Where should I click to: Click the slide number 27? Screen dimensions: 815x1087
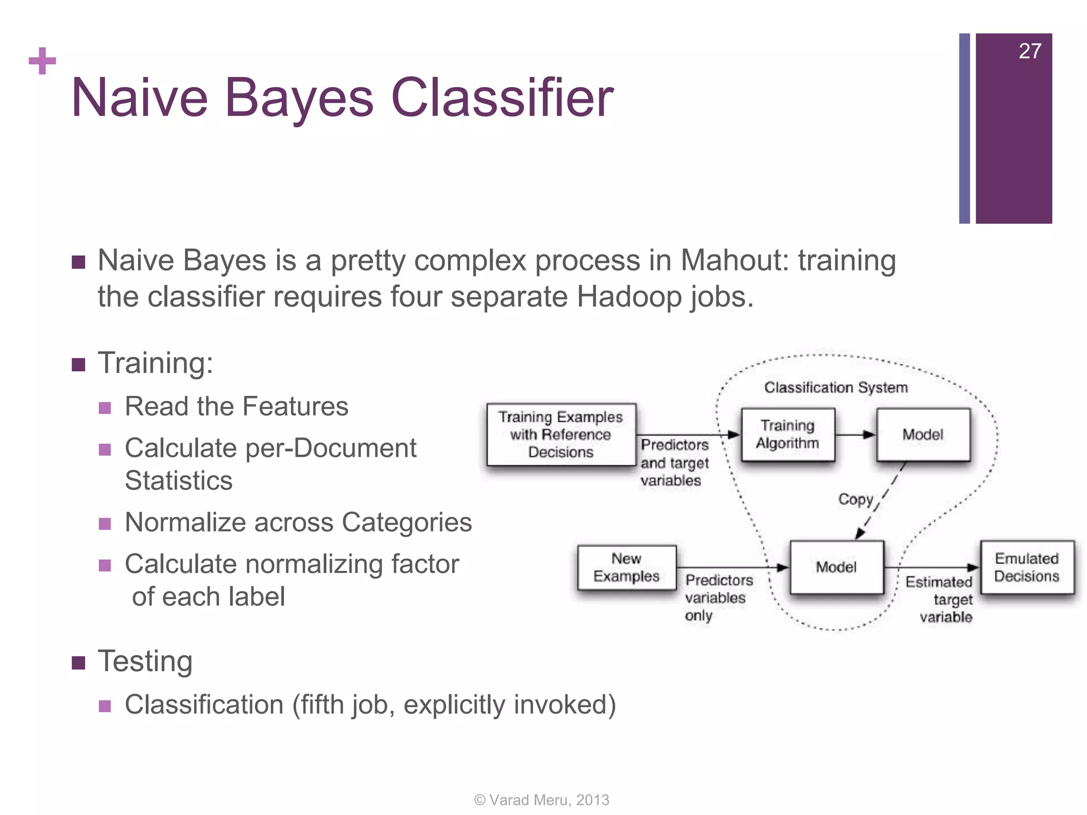coord(1030,51)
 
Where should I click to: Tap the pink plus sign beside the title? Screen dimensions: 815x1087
coord(42,61)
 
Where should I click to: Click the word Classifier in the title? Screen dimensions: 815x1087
coord(502,98)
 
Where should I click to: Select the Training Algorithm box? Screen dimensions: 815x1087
coord(788,435)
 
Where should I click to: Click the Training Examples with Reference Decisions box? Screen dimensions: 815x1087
coord(560,435)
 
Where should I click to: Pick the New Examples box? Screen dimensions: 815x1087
coord(626,567)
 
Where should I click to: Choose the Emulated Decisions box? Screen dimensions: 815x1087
coord(1026,567)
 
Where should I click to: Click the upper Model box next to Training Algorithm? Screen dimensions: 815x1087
coord(923,435)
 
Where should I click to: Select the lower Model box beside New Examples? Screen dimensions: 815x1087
coord(836,567)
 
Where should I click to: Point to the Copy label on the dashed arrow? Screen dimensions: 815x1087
coord(856,499)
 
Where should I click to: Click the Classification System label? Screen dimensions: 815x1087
coord(836,387)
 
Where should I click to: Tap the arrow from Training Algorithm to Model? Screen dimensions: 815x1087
coord(856,435)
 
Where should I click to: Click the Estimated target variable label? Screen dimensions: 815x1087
coord(939,599)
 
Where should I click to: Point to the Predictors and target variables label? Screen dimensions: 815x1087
coord(674,462)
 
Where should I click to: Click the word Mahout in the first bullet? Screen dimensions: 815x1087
coord(735,261)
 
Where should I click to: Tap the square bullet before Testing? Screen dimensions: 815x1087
coord(79,663)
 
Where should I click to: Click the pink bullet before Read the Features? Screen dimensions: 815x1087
coord(105,407)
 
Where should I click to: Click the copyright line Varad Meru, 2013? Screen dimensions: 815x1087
coord(541,800)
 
